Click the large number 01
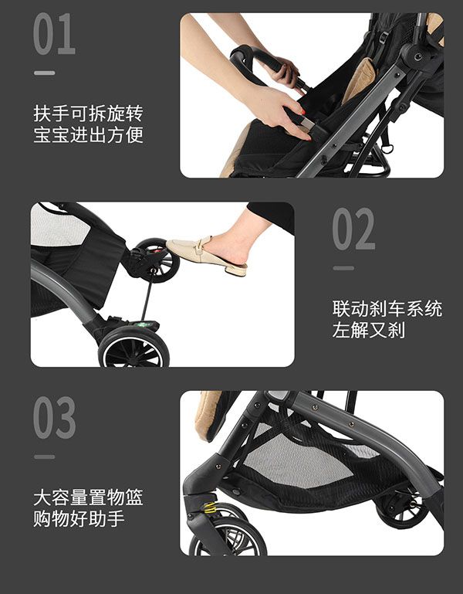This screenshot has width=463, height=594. (x=54, y=35)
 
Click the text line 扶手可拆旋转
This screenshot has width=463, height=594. (x=88, y=114)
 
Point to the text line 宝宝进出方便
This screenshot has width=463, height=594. (x=88, y=136)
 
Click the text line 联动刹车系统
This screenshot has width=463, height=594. (x=387, y=309)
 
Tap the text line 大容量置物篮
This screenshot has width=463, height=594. (x=88, y=497)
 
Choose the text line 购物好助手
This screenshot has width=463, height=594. (x=79, y=519)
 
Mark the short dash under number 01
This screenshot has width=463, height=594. (x=44, y=73)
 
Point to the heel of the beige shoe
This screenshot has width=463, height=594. (x=237, y=269)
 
